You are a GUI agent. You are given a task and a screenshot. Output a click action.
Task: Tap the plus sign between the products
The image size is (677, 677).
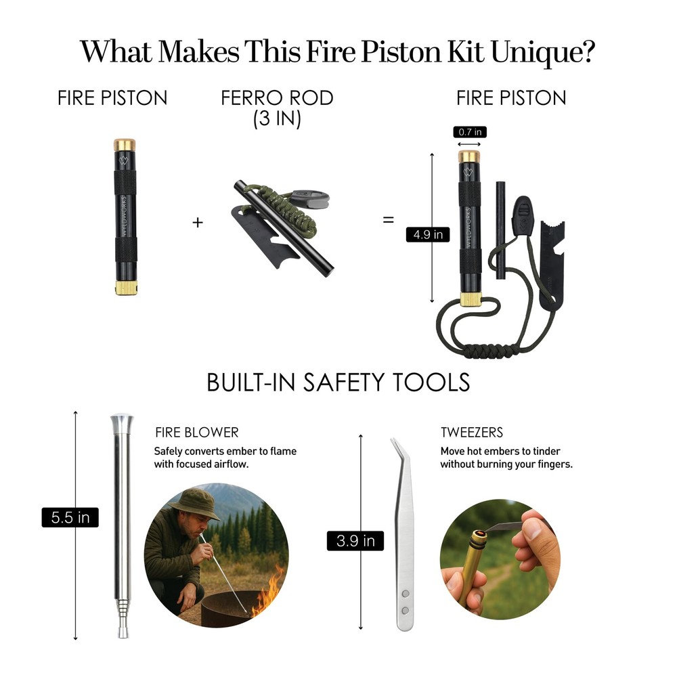(198, 221)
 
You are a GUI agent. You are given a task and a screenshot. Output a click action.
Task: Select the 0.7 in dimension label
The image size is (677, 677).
(469, 132)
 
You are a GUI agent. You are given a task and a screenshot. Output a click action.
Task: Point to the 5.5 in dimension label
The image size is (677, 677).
(70, 518)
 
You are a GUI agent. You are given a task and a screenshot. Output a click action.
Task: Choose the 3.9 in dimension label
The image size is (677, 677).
(355, 540)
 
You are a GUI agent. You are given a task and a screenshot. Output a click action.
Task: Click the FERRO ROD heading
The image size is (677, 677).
(277, 98)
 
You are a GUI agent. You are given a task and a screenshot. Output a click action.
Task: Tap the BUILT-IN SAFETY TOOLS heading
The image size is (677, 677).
(338, 383)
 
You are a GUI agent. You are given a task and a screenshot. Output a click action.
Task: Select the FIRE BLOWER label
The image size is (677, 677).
(196, 433)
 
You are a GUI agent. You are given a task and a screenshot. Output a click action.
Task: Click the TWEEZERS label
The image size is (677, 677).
(472, 433)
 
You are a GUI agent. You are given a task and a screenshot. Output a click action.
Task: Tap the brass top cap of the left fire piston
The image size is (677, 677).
(124, 145)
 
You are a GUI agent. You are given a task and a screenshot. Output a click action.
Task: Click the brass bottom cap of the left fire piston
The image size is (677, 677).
(126, 288)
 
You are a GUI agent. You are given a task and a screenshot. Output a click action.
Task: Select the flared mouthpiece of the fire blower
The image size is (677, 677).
(122, 424)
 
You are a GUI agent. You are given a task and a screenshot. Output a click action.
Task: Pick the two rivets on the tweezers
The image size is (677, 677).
(405, 602)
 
